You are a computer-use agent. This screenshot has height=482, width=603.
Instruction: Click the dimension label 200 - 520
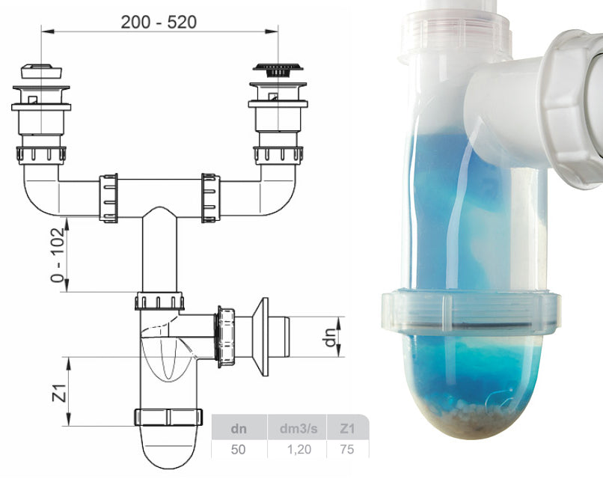tap(159, 22)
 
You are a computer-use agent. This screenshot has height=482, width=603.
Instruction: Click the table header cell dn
tap(239, 430)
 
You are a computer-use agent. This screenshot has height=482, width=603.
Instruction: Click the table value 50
tap(239, 450)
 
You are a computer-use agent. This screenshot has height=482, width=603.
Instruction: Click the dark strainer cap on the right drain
tap(278, 69)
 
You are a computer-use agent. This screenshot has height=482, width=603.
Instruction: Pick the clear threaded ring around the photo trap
tap(471, 311)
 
